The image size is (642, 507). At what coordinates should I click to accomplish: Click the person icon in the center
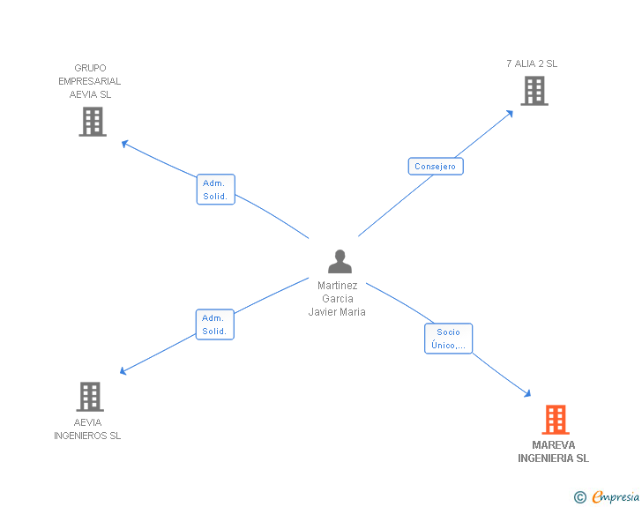pos(340,261)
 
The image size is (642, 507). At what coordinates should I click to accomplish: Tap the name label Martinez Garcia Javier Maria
pos(337,298)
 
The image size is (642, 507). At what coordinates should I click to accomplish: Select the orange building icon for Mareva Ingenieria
pos(555,420)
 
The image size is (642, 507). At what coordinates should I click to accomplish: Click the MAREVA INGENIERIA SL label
pos(553,451)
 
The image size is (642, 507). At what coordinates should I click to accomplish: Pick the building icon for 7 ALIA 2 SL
pos(534,91)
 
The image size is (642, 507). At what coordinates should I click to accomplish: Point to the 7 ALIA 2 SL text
pos(532,63)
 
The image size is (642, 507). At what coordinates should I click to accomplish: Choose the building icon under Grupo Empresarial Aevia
pos(93,122)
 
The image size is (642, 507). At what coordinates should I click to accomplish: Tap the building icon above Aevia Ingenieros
pos(90,397)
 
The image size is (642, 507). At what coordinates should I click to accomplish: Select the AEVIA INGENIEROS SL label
pos(87,429)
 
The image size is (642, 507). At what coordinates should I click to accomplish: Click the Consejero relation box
pos(436,166)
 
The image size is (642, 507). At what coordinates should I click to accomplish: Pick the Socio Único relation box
pos(448,339)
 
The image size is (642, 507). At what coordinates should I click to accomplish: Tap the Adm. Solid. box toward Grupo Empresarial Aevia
pos(215,190)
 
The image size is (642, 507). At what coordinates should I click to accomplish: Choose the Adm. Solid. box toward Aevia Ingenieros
pos(214,324)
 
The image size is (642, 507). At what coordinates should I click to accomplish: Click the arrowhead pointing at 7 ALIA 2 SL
pos(510,113)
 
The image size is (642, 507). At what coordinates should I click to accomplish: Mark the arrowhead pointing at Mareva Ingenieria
pos(527,394)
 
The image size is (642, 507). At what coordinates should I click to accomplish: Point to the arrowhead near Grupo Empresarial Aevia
pos(125,143)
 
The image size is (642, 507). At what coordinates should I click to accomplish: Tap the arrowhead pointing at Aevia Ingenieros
pos(123,371)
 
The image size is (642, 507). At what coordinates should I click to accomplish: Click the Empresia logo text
pos(616,496)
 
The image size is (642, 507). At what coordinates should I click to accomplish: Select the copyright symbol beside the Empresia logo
pos(580,497)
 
